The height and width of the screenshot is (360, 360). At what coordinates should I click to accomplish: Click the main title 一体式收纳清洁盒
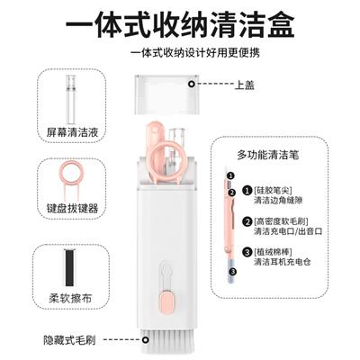[x=180, y=24]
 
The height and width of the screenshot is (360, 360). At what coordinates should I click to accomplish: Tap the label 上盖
[x=245, y=85]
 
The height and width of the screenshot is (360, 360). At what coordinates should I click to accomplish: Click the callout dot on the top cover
[x=192, y=84]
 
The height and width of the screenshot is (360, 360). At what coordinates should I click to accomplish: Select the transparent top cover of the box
[x=166, y=94]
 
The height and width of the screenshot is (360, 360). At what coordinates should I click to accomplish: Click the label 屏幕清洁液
[x=72, y=132]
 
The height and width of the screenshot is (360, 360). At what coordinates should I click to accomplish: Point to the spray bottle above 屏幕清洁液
[x=72, y=99]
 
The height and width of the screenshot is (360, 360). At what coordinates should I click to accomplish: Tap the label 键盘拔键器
[x=72, y=208]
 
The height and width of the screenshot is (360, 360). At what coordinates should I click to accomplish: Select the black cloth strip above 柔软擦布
[x=71, y=267]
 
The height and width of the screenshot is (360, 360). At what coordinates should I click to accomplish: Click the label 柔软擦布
[x=70, y=298]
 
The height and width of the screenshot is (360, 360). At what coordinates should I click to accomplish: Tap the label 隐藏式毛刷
[x=69, y=340]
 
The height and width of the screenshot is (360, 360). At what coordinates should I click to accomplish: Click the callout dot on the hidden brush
[x=146, y=340]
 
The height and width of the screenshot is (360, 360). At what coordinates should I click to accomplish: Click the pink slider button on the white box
[x=166, y=302]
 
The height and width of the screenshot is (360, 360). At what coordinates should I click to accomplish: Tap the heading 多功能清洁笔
[x=268, y=155]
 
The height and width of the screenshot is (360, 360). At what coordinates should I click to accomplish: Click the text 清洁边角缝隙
[x=278, y=201]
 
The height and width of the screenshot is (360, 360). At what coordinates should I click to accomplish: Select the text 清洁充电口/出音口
[x=288, y=231]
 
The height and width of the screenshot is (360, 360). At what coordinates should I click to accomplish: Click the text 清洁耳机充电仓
[x=283, y=262]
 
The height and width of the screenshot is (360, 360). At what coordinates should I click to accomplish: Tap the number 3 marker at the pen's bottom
[x=234, y=272]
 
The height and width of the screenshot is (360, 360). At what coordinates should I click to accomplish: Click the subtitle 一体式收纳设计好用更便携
[x=195, y=53]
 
